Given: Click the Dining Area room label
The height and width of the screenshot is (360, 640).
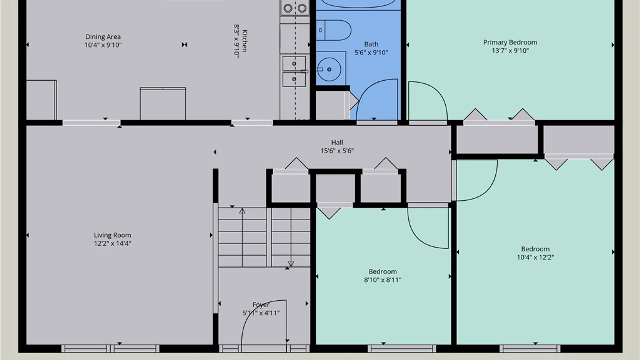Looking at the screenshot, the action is coord(103,37).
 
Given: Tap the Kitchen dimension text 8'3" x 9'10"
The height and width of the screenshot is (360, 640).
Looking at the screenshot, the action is coord(236,41).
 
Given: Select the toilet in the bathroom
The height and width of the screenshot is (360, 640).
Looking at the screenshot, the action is coord(334,30).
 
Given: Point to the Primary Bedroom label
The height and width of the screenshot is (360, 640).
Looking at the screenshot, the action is coord(510,42).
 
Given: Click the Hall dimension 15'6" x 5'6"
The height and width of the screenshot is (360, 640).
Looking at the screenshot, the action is coord(337,151).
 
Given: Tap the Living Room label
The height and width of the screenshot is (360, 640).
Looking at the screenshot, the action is coord(112,235).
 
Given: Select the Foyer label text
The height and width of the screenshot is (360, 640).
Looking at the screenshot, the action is coord(261,305).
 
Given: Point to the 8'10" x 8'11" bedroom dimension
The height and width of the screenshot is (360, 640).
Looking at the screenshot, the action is coord(383,280).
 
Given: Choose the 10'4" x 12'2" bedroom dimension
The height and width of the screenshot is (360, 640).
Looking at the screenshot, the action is coord(535,257).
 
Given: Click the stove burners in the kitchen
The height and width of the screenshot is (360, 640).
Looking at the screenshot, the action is coord(295,8).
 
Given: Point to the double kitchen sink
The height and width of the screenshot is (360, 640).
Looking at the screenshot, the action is coord(294,71).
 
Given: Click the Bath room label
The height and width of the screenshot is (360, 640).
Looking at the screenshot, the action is coord(371,44).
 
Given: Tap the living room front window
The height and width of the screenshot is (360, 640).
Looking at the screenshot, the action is coord(110,349).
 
